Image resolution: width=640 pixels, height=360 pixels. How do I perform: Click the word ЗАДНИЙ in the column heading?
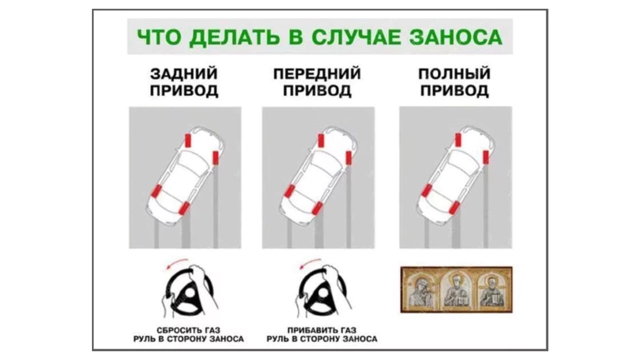183,73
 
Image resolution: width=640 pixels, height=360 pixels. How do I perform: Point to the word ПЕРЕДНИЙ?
317,73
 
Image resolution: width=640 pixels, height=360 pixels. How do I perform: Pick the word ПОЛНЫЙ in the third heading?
454,73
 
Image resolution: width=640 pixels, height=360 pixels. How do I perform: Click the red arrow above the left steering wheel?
176,262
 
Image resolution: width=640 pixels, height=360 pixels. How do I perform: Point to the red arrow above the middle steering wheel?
310,262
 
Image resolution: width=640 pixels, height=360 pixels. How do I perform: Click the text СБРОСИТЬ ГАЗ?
188,330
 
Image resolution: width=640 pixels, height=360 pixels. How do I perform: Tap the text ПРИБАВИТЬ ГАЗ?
322,330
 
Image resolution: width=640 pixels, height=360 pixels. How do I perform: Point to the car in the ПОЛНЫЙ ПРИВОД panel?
455,175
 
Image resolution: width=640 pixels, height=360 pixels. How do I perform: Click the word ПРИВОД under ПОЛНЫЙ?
454,91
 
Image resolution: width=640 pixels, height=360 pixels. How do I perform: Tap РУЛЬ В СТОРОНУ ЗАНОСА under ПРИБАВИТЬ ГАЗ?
322,339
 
